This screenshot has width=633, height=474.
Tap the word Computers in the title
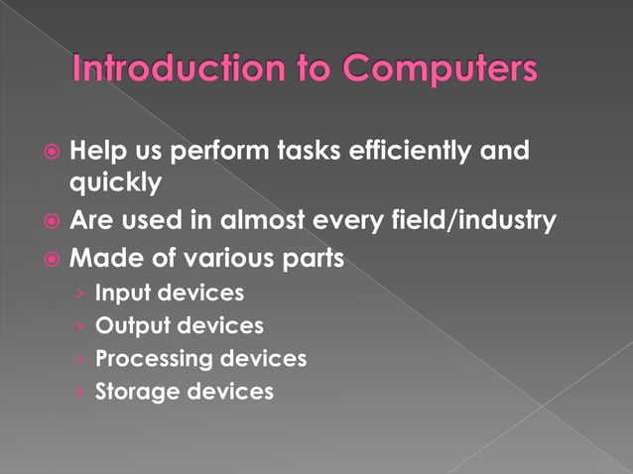click(x=443, y=69)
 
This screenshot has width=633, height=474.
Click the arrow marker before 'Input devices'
click(x=78, y=294)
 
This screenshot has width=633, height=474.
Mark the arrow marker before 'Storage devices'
click(x=78, y=392)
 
